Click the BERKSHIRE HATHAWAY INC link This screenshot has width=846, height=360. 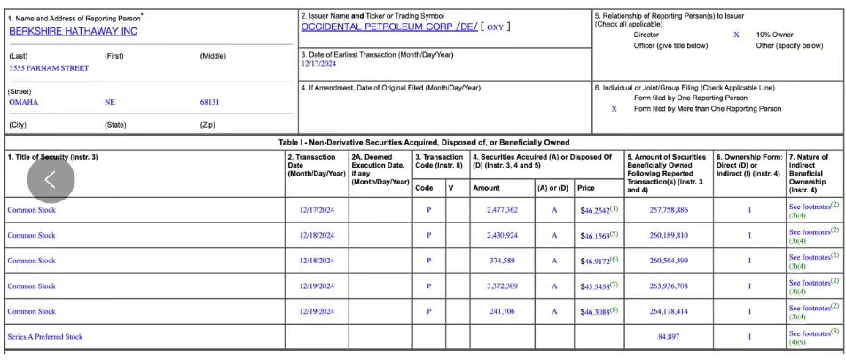click(x=73, y=31)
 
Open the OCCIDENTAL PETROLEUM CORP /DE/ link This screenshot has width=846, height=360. click(x=388, y=27)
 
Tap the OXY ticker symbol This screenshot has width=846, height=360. click(x=495, y=27)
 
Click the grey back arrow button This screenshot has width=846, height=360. click(x=51, y=179)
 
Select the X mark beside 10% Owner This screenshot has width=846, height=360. click(x=736, y=35)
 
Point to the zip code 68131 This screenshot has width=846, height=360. click(x=209, y=102)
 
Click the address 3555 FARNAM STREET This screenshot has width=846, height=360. click(x=49, y=68)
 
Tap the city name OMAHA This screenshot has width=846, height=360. click(x=24, y=102)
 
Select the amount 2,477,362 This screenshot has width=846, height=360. click(x=502, y=210)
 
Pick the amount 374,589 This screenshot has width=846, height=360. click(x=502, y=261)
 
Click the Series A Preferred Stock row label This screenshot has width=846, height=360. click(x=45, y=337)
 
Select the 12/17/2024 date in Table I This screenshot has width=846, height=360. click(x=317, y=210)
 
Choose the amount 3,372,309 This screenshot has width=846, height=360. click(x=502, y=286)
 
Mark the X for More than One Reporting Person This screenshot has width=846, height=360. click(x=615, y=109)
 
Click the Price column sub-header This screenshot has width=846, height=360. click(x=586, y=188)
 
